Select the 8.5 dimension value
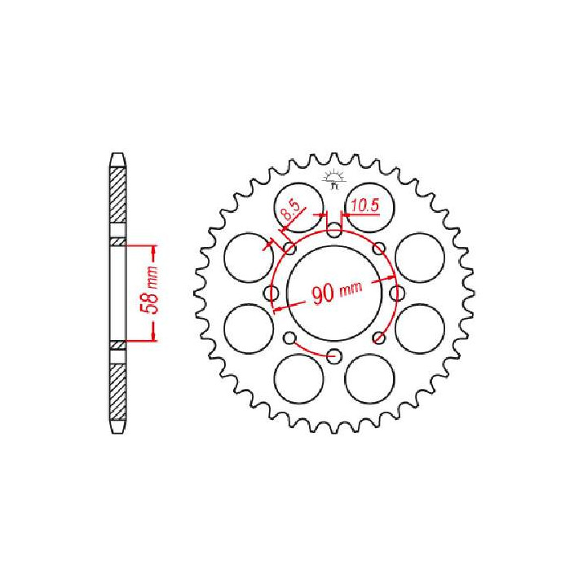pos(289,215)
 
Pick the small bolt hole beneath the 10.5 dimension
pos(335,232)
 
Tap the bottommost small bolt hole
pos(334,355)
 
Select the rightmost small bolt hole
pos(397,293)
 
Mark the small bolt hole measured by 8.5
pos(290,249)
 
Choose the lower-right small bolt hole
pos(378,338)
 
